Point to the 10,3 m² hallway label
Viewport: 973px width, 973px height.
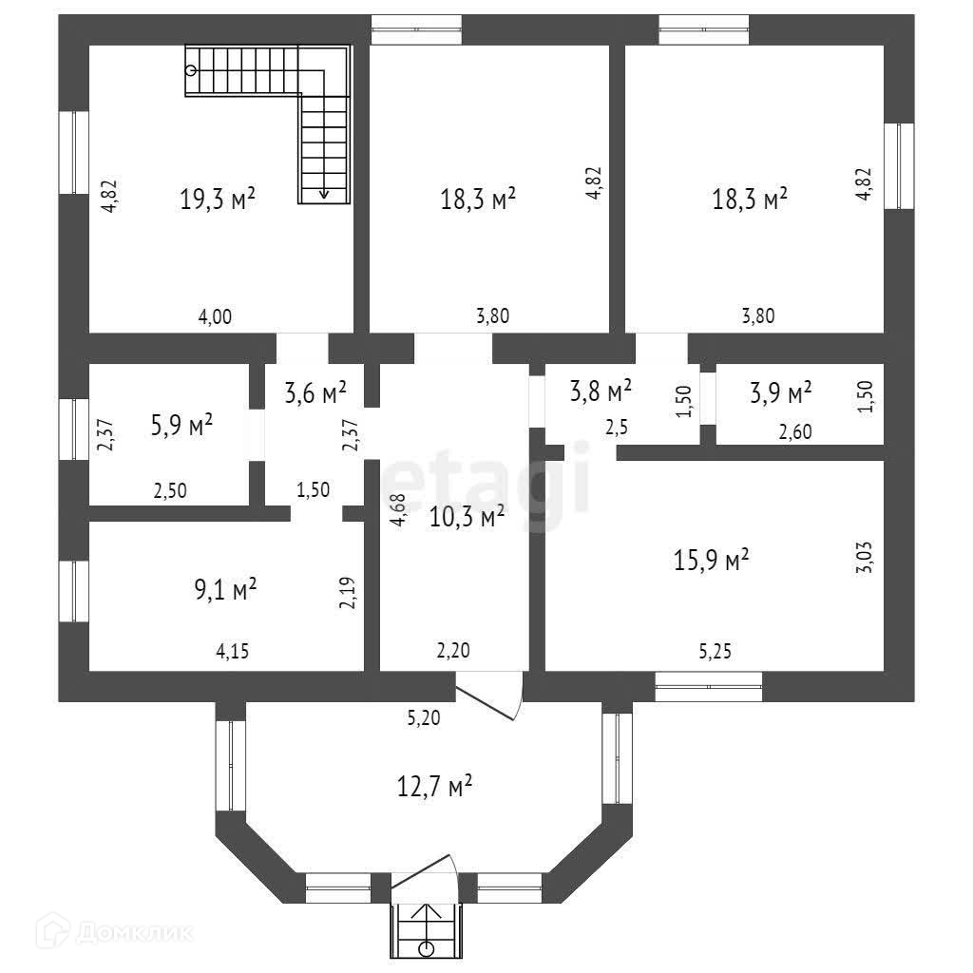pos(467,517)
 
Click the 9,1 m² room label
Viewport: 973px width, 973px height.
pos(219,591)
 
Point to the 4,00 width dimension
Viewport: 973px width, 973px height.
pos(215,317)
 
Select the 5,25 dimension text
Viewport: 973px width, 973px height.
pos(715,651)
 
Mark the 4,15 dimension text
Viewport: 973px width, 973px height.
pos(235,651)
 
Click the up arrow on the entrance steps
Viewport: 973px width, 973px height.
pos(426,912)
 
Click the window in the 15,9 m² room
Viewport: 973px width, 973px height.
pos(708,686)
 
